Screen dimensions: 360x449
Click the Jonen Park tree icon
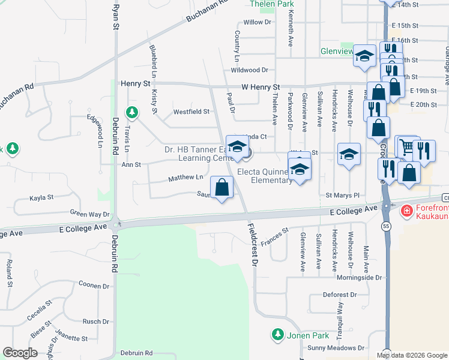pos(277,334)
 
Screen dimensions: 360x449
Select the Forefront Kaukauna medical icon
pos(406,211)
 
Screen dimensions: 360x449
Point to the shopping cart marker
pos(406,146)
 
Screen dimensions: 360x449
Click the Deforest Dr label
pos(340,295)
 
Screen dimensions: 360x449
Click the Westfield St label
pos(191,112)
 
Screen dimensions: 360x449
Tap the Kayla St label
pos(42,197)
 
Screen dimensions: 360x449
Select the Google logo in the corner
pos(20,353)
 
